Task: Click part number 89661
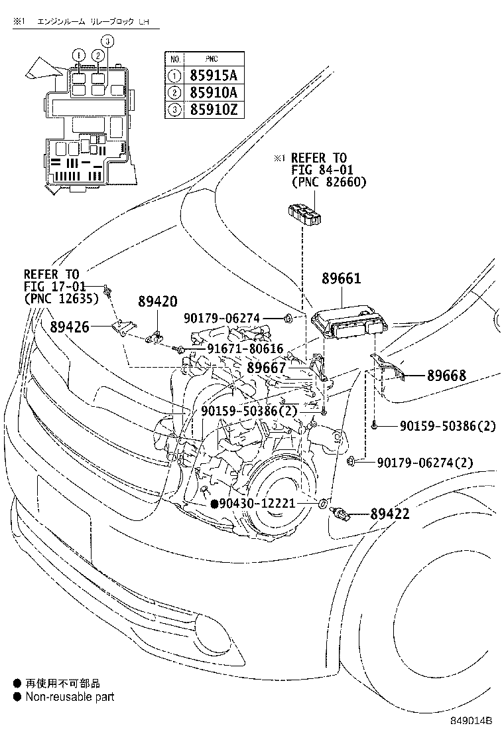point(342,278)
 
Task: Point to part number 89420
point(158,302)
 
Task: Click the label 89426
point(70,326)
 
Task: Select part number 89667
point(267,368)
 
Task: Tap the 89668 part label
point(446,376)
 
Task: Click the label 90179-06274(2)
point(425,462)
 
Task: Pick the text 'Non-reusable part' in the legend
point(70,697)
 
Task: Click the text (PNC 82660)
point(328,182)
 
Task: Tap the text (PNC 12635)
point(61,299)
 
